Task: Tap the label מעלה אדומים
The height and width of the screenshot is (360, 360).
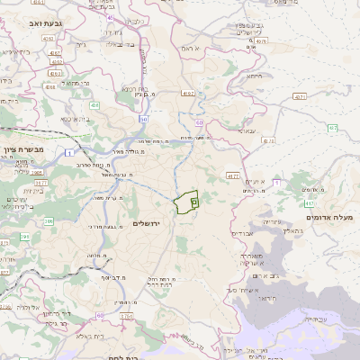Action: pyautogui.click(x=332, y=216)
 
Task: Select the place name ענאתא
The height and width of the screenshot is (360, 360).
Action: pyautogui.click(x=247, y=131)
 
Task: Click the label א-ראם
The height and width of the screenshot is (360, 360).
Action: pyautogui.click(x=190, y=48)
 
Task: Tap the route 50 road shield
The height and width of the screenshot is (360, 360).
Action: pyautogui.click(x=143, y=119)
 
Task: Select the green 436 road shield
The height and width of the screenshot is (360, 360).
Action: pyautogui.click(x=94, y=105)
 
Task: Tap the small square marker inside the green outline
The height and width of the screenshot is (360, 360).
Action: pyautogui.click(x=193, y=204)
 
